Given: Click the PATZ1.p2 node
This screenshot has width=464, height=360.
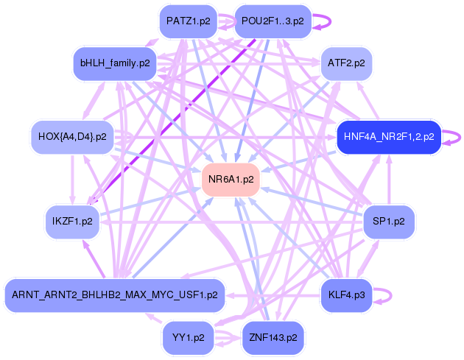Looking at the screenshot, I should [189, 21].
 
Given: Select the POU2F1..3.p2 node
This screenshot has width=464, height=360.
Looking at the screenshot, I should [273, 21].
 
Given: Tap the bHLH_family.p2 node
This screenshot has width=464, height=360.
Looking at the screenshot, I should [114, 63].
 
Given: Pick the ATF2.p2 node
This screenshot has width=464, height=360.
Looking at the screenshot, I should [346, 63].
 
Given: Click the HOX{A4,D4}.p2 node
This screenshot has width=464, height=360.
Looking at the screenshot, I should [71, 136].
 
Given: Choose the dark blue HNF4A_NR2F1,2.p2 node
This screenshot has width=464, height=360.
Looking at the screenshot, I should [388, 136].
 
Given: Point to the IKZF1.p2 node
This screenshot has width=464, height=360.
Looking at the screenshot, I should [72, 221].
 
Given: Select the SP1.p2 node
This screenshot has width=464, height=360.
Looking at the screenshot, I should [390, 221].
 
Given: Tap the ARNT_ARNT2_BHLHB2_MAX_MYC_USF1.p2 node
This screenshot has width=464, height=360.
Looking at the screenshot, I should [114, 295].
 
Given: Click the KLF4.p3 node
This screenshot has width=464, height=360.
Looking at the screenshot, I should [346, 295].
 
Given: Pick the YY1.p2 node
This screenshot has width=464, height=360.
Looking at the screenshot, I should [189, 338].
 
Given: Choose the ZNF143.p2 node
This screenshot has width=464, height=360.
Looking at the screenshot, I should [273, 338].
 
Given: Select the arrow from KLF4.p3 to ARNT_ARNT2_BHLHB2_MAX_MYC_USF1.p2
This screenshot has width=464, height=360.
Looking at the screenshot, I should [273, 295].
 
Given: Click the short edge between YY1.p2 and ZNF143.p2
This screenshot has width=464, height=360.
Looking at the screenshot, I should [231, 338].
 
